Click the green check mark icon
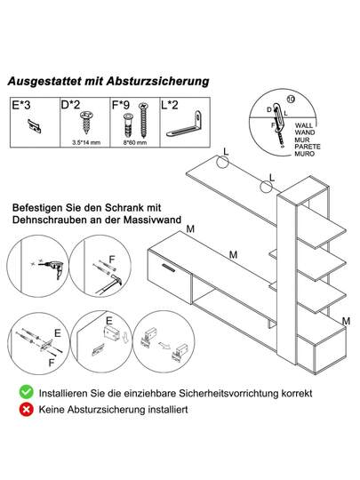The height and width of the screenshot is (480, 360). click(x=27, y=392)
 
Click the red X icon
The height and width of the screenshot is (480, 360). click(x=27, y=409)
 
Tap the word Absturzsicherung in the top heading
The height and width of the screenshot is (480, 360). click(x=158, y=82)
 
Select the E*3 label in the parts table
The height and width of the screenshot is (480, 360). click(x=21, y=105)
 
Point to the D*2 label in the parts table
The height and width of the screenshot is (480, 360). click(x=70, y=105)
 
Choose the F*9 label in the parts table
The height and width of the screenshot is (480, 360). click(x=121, y=105)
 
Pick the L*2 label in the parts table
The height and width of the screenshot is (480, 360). click(x=170, y=105)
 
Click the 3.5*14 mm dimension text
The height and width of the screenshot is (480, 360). click(x=86, y=142)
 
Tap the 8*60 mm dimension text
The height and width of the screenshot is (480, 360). click(x=135, y=142)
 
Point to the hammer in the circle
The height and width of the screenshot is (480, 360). click(x=108, y=284)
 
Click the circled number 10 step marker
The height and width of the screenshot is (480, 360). click(x=292, y=100)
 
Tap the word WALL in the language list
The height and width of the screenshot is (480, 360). click(x=304, y=125)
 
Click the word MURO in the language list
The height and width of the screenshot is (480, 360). click(x=305, y=154)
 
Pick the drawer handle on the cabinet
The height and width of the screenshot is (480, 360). click(x=169, y=268)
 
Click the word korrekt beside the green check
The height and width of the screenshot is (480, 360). click(x=297, y=393)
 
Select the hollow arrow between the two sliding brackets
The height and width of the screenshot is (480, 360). click(x=165, y=345)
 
